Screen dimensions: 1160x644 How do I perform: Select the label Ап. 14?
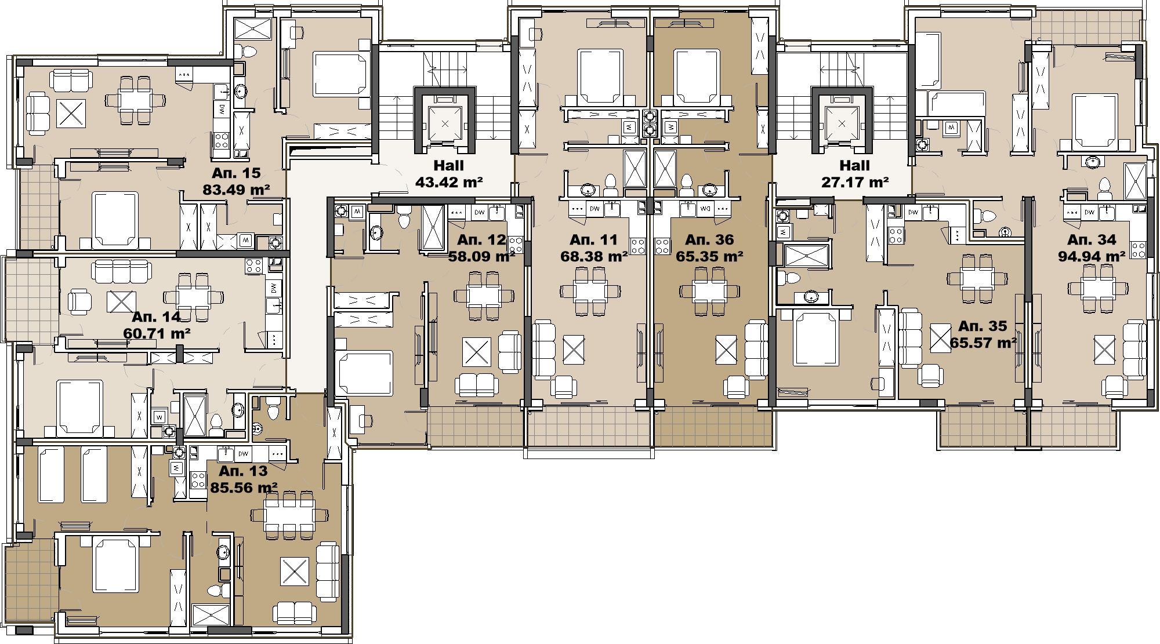(156, 317)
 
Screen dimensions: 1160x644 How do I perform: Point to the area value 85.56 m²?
(244, 488)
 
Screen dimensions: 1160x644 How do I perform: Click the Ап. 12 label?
(481, 240)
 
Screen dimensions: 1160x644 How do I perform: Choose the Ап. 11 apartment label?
(594, 240)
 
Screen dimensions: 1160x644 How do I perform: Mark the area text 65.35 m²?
(709, 256)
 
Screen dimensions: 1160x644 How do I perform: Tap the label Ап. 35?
(983, 326)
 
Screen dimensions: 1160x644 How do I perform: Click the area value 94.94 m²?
(1092, 256)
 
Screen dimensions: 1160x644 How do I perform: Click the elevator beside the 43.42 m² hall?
(445, 123)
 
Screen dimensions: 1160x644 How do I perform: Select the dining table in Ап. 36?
(709, 290)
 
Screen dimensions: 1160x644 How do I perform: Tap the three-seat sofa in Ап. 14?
(122, 271)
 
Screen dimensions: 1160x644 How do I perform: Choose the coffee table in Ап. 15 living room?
(71, 114)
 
